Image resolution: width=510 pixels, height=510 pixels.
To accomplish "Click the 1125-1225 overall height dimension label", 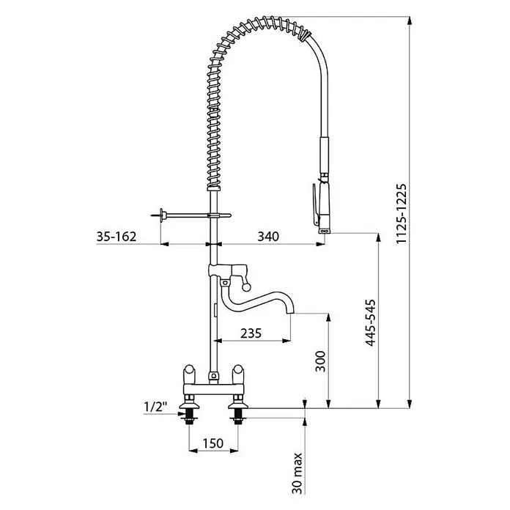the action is click(402, 214).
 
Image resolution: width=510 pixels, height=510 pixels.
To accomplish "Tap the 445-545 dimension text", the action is click(371, 322).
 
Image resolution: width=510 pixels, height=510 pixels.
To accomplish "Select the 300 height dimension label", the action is click(320, 361).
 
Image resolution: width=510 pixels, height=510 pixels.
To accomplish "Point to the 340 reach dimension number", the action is click(268, 237).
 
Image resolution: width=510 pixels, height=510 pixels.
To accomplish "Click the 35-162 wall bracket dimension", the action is click(116, 237).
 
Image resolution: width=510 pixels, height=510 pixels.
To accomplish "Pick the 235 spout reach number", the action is click(251, 333).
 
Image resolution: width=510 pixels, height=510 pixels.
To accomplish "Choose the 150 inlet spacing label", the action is click(213, 443).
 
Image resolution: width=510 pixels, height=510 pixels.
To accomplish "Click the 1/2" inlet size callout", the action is click(155, 407).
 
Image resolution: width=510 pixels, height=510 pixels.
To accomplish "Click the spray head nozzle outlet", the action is click(325, 231).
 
